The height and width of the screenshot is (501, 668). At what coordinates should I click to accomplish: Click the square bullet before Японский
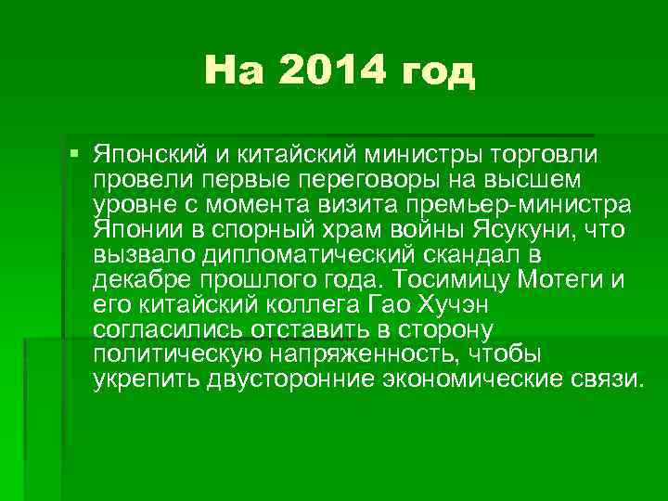[74, 151]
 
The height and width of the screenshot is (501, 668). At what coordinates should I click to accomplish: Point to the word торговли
[543, 152]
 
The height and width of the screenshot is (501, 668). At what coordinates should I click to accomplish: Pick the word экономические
[464, 379]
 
